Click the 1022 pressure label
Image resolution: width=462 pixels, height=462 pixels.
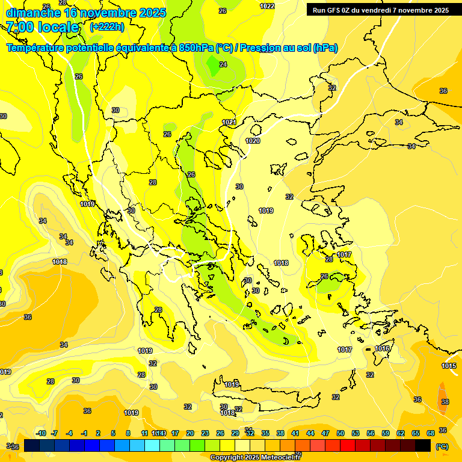(x=268, y=6)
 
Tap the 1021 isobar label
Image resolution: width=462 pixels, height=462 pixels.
(x=229, y=122)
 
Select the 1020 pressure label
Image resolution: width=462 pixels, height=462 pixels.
(x=253, y=141)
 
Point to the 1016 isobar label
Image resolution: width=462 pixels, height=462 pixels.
(x=383, y=348)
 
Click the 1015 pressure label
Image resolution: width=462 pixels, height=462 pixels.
(x=449, y=366)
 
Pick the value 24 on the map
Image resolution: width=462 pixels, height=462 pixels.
(x=223, y=64)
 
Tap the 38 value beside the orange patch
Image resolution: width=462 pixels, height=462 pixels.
(x=445, y=402)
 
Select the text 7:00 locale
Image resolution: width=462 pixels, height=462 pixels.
(x=43, y=27)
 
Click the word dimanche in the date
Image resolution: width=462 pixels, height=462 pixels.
(x=33, y=12)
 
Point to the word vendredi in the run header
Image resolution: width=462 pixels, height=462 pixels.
(x=395, y=10)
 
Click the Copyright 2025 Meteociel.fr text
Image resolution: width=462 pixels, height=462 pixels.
(x=255, y=458)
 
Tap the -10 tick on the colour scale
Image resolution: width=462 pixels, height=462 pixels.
(x=41, y=433)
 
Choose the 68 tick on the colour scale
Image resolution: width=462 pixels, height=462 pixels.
(x=431, y=433)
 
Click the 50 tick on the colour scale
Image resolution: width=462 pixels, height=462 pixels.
(x=340, y=433)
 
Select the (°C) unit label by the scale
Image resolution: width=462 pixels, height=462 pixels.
(x=442, y=446)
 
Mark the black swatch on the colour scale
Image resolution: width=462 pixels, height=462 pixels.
(x=423, y=445)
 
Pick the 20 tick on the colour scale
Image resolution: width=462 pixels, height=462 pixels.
(x=190, y=433)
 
